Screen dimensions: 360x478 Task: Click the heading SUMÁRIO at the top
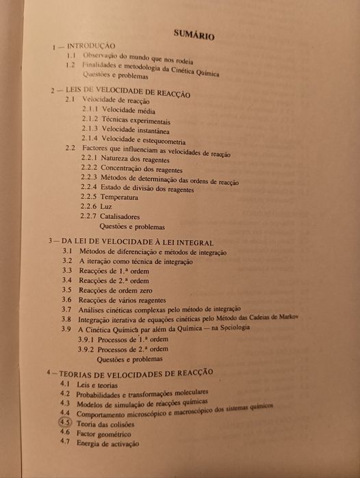[194, 33]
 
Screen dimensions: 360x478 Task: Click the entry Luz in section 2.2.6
[106, 206]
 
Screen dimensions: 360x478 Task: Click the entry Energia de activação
[108, 443]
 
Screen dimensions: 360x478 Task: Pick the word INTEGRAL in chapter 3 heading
[194, 243]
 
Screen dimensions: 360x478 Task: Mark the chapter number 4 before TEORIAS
[49, 373]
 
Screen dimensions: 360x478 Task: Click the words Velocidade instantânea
[136, 129]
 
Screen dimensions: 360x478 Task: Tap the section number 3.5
[67, 290]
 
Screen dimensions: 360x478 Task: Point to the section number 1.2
[70, 65]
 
